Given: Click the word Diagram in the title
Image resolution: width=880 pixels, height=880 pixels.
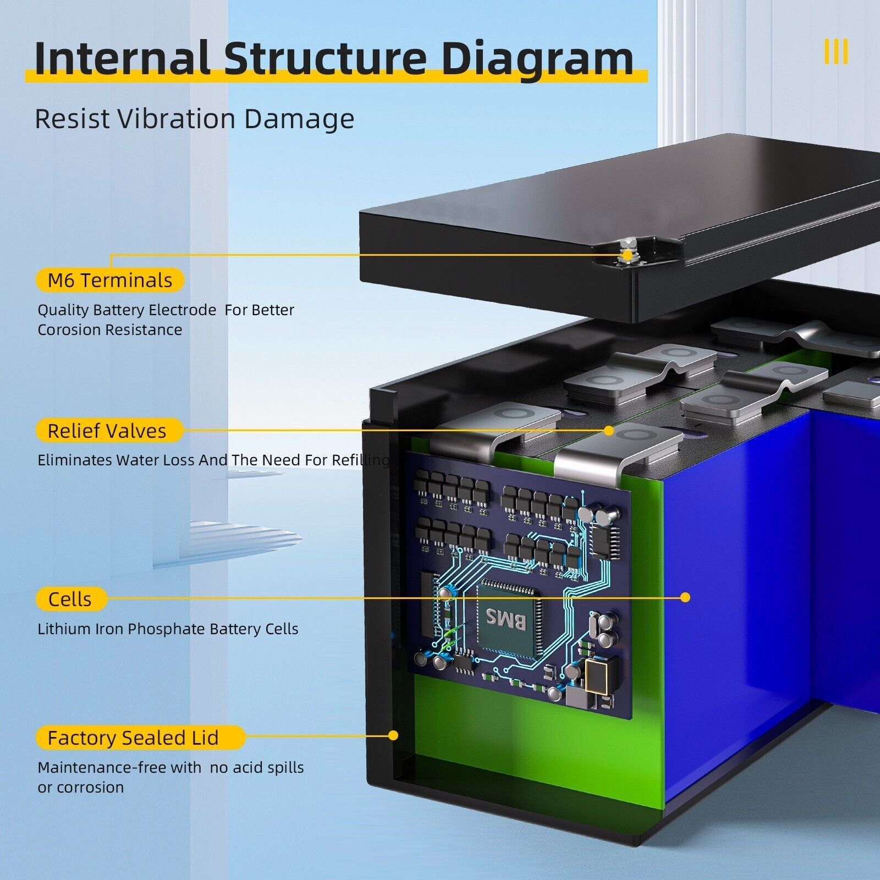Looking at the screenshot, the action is [537, 59].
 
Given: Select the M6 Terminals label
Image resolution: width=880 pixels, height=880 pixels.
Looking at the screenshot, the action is [110, 280].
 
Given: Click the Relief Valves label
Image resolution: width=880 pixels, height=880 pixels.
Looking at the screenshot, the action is [109, 431].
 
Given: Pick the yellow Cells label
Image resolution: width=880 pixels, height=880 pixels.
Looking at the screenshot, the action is [71, 599].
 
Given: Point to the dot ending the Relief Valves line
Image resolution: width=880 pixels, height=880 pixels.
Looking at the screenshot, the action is [608, 431].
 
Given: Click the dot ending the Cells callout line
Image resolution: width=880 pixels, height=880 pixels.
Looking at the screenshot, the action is [685, 597].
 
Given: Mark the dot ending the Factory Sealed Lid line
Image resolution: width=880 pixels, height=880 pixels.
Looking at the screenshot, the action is [393, 735].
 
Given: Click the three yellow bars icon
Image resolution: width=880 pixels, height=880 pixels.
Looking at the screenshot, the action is [836, 52].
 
